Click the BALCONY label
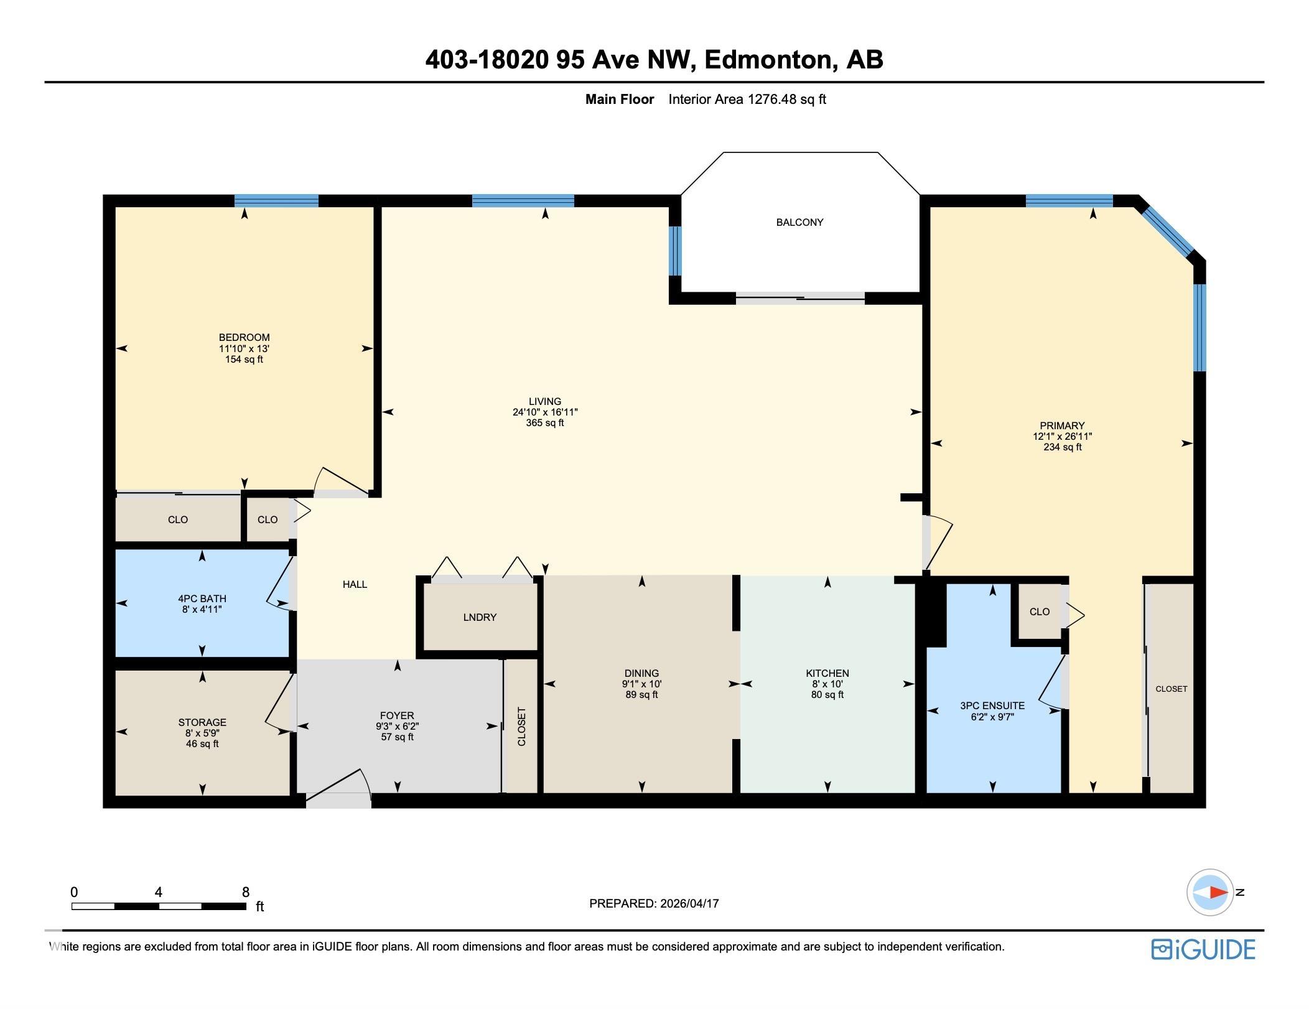coord(799,222)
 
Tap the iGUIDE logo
coord(1203,949)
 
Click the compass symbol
coord(1209,892)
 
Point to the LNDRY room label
coord(480,617)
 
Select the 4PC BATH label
coord(202,599)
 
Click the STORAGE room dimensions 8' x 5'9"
coord(202,733)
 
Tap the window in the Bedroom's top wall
coord(276,200)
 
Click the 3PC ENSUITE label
coord(992,705)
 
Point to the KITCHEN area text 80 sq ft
coord(827,695)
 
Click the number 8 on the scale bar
coord(246,892)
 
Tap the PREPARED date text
coord(654,903)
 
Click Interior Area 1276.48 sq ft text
coord(747,100)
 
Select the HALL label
coord(355,584)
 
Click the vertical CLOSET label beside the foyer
coord(521,726)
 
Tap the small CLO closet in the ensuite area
coord(1039,611)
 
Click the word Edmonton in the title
coord(768,60)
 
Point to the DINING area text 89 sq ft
coord(641,695)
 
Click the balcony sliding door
coord(800,298)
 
